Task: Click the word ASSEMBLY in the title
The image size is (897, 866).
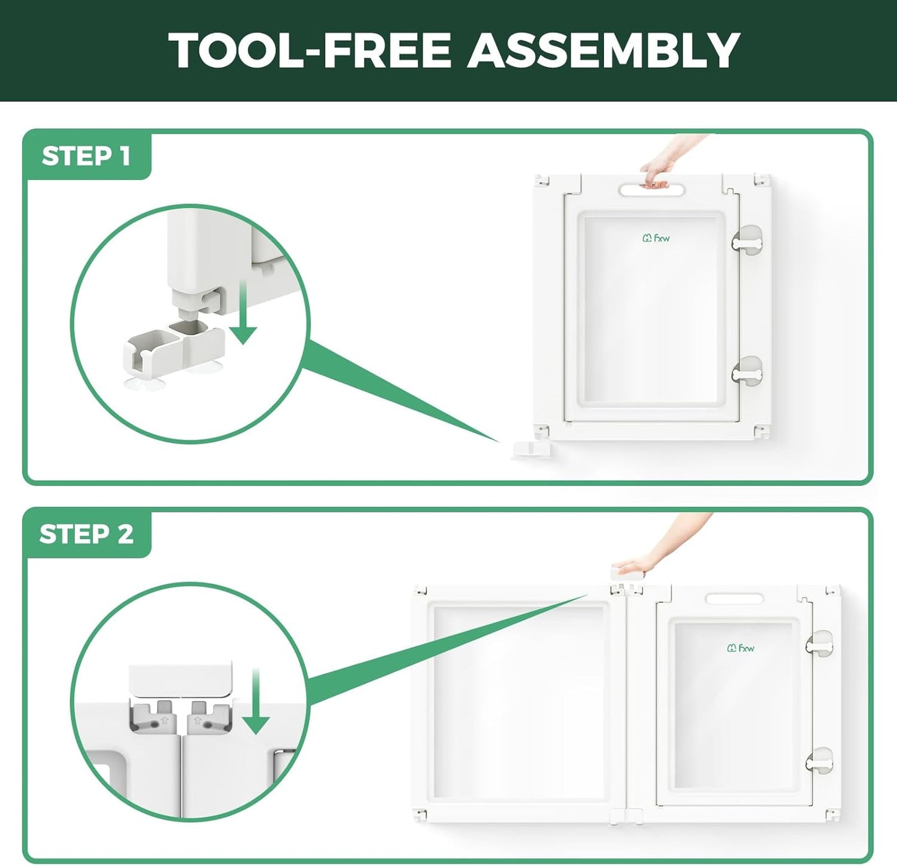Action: coord(603,50)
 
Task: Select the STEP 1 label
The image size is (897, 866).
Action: coord(86,156)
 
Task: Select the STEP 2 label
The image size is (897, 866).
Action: coord(86,534)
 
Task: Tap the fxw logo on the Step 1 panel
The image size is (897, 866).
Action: coord(656,238)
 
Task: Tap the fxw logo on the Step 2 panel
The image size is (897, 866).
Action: coord(741,649)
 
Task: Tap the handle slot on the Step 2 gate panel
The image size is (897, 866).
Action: coord(734,599)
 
